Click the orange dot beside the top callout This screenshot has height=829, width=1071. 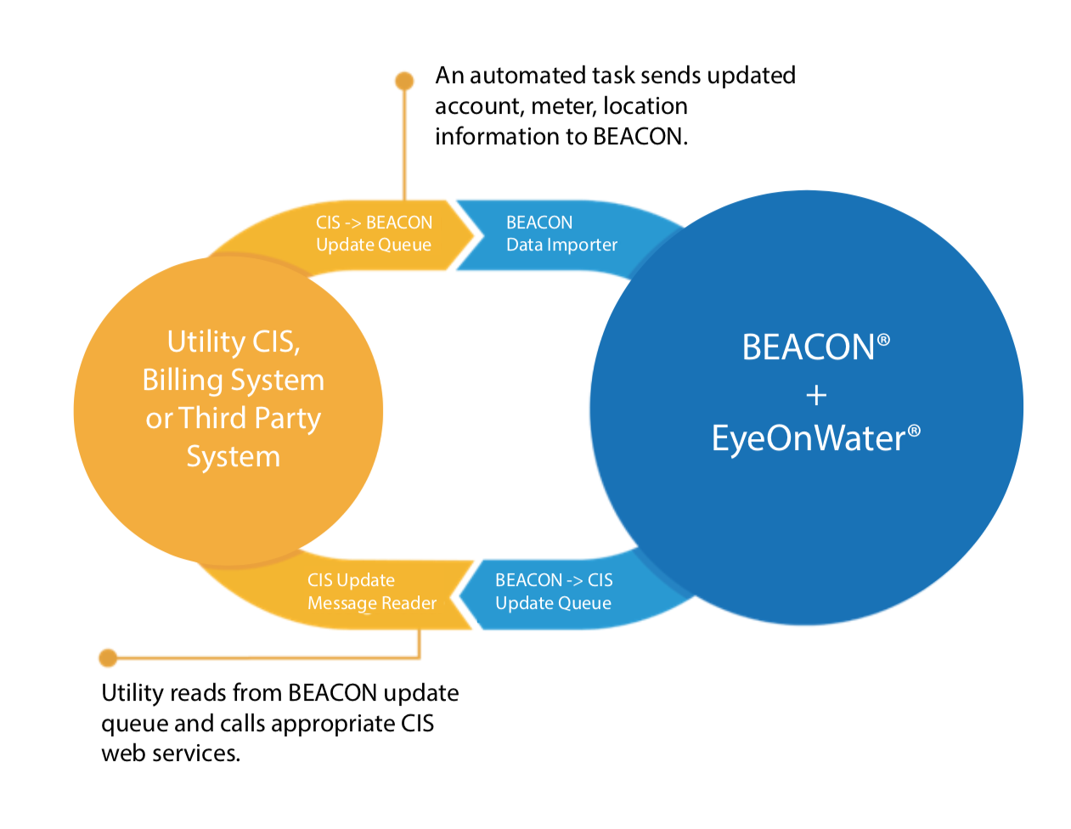point(404,81)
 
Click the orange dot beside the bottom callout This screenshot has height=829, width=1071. point(108,657)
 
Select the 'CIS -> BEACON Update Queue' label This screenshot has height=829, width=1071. point(374,234)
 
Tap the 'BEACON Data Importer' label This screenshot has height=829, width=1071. point(561,234)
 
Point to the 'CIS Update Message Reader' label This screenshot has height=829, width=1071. point(371,592)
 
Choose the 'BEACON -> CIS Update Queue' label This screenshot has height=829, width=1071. point(554,592)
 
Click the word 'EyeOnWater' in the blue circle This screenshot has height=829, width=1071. point(809,438)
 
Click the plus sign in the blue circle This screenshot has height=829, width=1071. point(816,395)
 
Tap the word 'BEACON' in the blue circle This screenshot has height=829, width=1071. point(808,347)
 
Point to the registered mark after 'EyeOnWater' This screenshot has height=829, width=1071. point(914,431)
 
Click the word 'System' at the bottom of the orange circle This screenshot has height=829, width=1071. point(233,457)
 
